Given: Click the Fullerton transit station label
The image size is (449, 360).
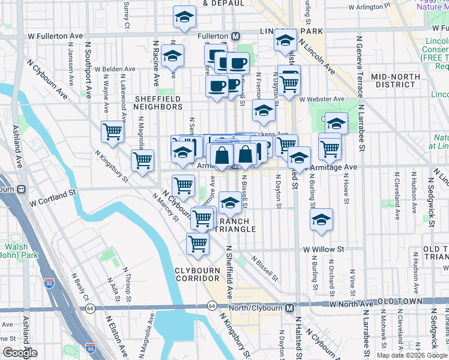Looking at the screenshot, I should click(211, 35).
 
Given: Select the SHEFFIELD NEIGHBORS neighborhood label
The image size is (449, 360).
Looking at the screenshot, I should click(158, 103).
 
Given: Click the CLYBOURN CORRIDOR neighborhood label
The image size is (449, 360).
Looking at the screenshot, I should click(197, 274).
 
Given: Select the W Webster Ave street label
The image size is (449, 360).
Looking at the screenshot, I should click(322, 99).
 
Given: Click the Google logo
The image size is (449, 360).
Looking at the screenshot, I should click(20, 353).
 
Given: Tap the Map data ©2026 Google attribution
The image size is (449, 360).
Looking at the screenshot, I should click(412, 355).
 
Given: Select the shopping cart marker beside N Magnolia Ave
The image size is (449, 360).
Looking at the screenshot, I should click(142, 160).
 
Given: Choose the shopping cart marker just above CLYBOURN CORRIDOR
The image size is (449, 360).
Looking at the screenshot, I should click(197, 243).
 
